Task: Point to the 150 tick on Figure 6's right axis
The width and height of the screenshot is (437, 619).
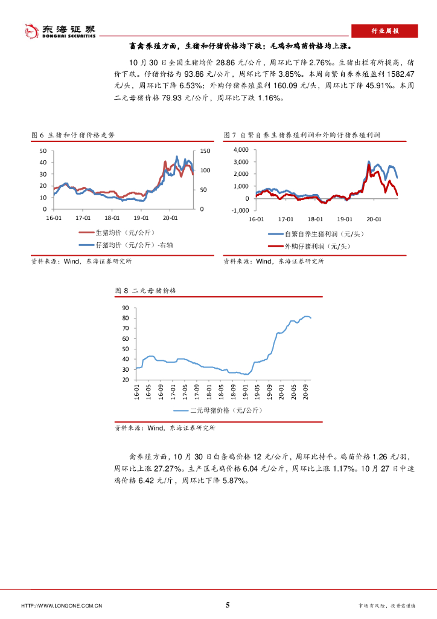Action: tap(205, 151)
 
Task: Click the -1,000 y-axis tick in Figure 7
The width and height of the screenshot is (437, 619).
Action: tap(239, 210)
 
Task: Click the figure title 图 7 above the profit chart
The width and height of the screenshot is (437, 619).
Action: tap(305, 135)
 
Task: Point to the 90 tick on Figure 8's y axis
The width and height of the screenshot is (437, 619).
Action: tap(126, 308)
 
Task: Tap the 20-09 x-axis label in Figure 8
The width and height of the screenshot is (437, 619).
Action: tap(307, 392)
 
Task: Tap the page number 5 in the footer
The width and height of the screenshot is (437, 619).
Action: tap(228, 605)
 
